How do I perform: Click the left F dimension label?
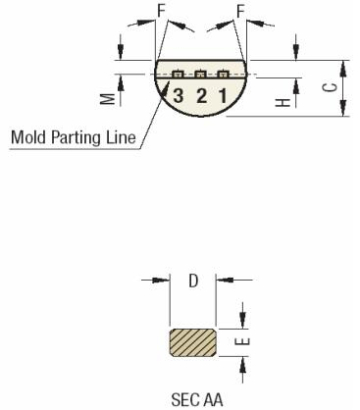(x=162, y=13)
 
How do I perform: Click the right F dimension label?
(x=239, y=13)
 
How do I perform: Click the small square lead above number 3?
(x=178, y=75)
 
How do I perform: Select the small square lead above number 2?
(x=200, y=75)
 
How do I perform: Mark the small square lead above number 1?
(x=223, y=75)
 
